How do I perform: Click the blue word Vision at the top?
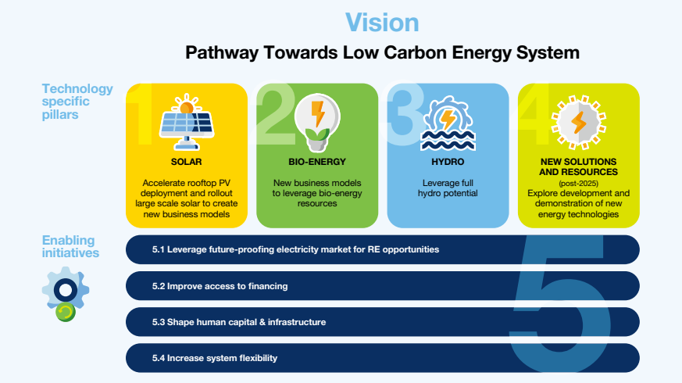point(382,23)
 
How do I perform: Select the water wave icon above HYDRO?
point(448,124)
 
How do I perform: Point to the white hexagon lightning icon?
point(578,122)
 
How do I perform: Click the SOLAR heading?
point(186,162)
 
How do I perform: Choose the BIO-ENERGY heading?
point(317,162)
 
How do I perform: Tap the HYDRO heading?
point(448,162)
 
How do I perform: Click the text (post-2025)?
point(578,183)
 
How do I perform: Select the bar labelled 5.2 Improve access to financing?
point(382,286)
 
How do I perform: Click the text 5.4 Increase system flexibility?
point(214,358)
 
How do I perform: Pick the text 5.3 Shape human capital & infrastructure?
point(239,322)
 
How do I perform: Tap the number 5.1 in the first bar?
point(159,249)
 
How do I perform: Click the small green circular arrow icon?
point(66,312)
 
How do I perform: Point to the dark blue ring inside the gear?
point(66,290)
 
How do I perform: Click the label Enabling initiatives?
point(70,246)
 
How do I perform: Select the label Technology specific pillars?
point(77,102)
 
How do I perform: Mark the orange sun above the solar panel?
point(187,105)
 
